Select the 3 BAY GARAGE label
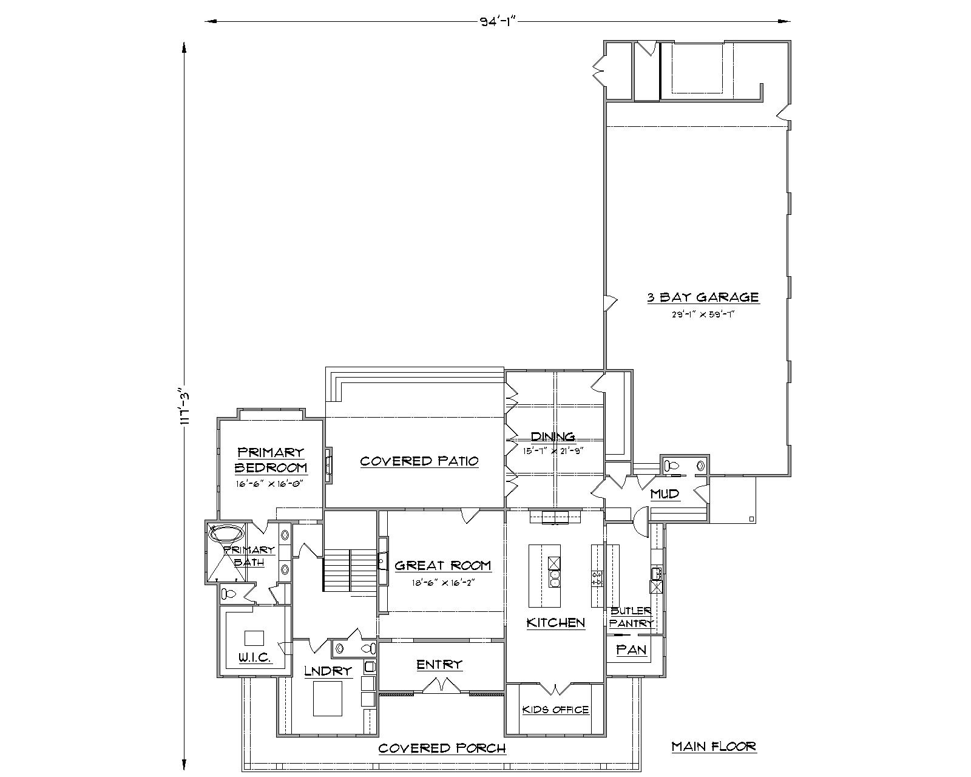703,297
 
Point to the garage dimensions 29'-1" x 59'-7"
703,314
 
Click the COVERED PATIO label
419,461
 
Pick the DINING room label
553,436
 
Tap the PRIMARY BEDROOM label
270,460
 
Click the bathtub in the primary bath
226,534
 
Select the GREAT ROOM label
442,566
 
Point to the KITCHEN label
555,623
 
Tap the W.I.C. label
254,658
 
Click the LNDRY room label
328,671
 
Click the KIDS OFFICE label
555,710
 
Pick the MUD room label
665,494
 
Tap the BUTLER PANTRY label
631,617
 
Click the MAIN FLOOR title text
714,747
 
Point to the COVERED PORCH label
442,748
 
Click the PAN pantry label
631,650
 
